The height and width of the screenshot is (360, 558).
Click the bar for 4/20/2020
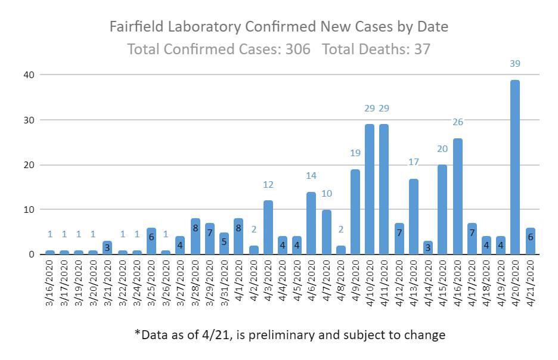click(x=514, y=167)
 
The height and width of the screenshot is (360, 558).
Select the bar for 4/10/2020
click(x=369, y=190)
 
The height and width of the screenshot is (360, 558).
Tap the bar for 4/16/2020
click(x=457, y=197)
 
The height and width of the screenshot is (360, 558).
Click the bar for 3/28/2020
click(x=195, y=237)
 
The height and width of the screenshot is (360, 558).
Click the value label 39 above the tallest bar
click(x=514, y=63)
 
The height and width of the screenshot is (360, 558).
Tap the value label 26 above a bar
click(x=457, y=122)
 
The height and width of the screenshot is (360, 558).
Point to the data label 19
click(x=355, y=153)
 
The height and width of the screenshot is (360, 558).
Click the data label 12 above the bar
click(x=268, y=185)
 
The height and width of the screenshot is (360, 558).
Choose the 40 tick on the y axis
click(x=29, y=75)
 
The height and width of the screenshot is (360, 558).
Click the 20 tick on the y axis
click(x=29, y=165)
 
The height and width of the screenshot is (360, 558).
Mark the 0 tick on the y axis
click(x=31, y=255)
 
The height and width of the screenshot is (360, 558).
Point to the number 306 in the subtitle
click(x=297, y=49)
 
